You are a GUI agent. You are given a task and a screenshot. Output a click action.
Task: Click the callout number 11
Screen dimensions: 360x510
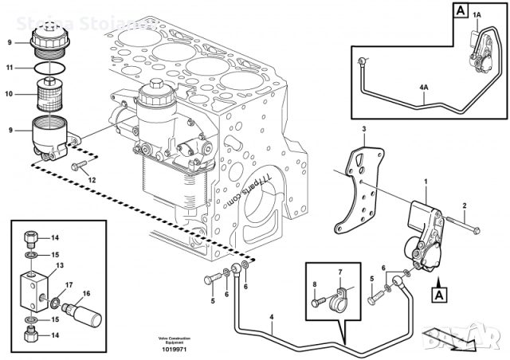click(x=10, y=68)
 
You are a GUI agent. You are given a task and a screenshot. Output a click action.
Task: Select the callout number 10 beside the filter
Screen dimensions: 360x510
click(x=10, y=94)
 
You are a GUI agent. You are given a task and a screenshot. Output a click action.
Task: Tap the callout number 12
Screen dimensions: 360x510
click(x=92, y=180)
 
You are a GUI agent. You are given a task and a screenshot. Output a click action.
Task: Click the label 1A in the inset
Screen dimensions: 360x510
click(x=477, y=14)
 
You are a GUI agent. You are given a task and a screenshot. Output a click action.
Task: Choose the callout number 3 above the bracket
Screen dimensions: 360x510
click(x=364, y=128)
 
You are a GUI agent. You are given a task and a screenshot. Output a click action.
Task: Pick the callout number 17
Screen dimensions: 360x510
click(x=69, y=285)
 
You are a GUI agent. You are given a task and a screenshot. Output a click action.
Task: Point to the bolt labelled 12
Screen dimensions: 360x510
click(x=79, y=166)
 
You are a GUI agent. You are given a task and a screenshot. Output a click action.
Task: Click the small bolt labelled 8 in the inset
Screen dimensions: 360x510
click(x=317, y=303)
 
